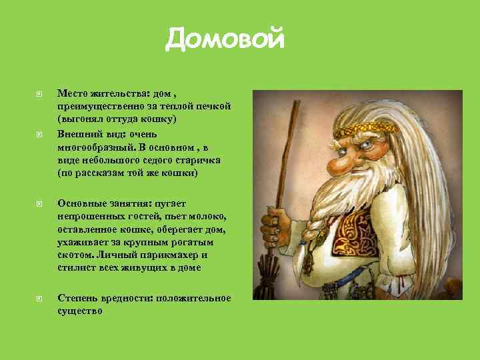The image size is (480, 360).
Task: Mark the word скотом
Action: (x=75, y=255)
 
